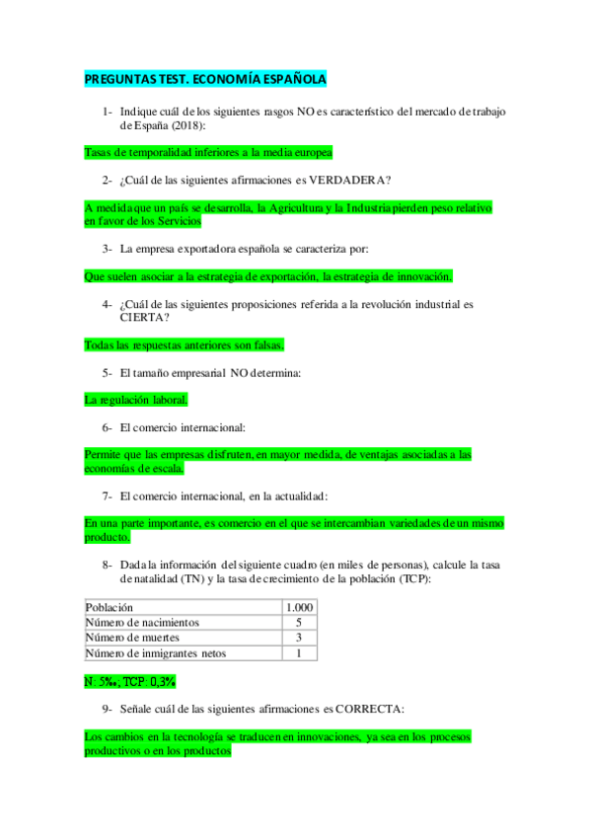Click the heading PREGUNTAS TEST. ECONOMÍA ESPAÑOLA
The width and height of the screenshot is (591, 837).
tap(205, 79)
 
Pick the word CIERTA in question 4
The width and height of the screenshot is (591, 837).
tap(142, 318)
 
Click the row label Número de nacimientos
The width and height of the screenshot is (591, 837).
tap(143, 623)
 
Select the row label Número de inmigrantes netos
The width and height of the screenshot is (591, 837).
tap(156, 653)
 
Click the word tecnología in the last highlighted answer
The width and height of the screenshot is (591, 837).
tap(195, 736)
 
